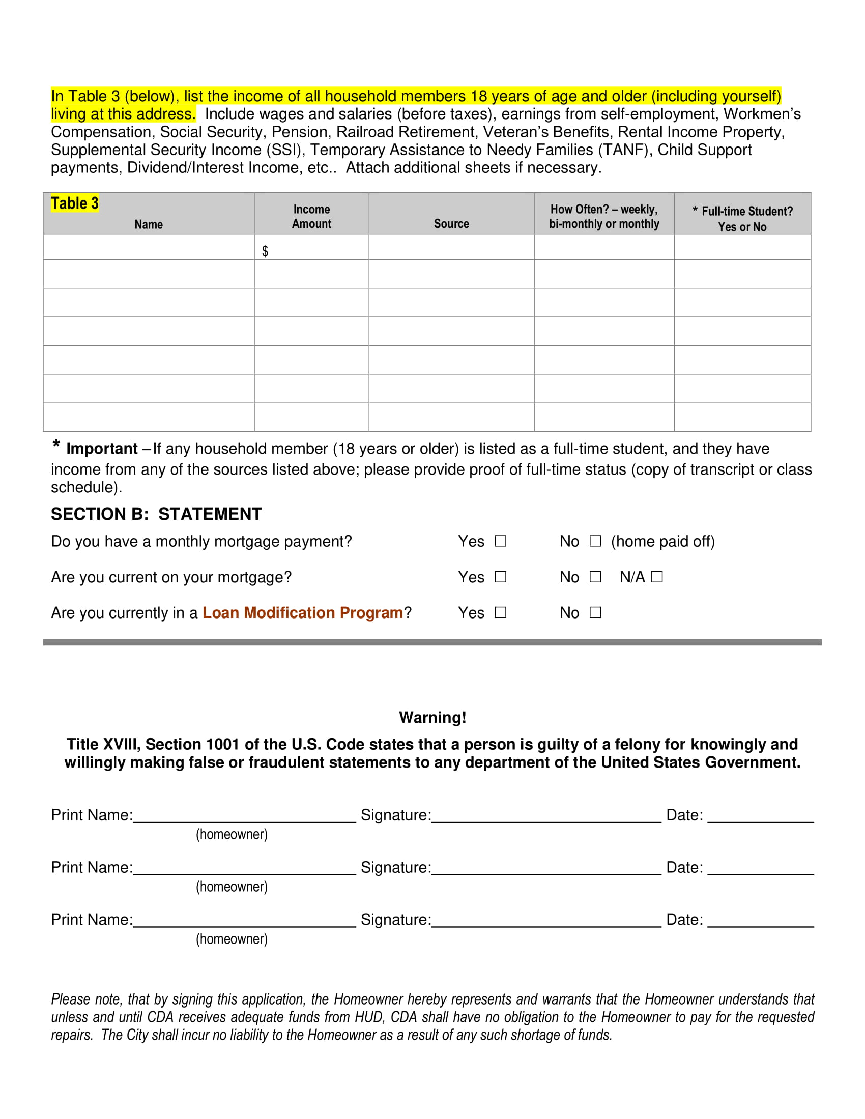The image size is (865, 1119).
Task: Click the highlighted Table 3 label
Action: pos(74,203)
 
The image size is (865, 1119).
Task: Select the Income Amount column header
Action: pos(311,216)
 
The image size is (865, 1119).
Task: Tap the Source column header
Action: pos(451,223)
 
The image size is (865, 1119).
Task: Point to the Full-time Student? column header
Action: pos(742,219)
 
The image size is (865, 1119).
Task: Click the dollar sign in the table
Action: pos(265,251)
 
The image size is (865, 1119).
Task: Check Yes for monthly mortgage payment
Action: pos(500,541)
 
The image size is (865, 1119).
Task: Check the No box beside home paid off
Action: pos(595,541)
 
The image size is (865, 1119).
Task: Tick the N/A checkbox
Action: pos(657,577)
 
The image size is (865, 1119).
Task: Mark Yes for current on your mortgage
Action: pos(500,577)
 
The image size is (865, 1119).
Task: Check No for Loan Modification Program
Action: pos(595,612)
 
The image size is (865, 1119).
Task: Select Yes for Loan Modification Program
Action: pos(500,612)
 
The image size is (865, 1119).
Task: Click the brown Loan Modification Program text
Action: pos(302,613)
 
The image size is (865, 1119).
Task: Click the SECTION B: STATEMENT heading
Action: pos(156,514)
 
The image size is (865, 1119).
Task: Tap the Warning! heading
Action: pos(432,717)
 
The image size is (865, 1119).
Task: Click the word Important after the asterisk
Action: pos(101,449)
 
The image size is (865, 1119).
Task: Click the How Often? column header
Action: pos(603,216)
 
